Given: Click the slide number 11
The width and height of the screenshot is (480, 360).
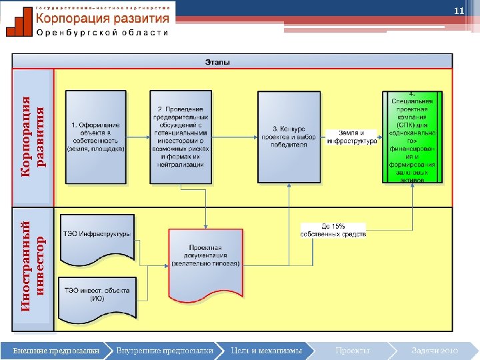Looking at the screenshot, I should [458, 12].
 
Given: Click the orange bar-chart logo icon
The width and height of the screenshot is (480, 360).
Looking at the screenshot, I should [18, 21].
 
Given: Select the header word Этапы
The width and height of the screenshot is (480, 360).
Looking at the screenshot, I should [217, 62].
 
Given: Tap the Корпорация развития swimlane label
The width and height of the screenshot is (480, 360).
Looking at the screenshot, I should [33, 137].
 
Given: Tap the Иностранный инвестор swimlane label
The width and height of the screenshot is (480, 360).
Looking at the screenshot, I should [33, 267].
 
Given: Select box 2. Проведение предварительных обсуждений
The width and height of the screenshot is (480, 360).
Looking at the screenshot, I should [181, 137].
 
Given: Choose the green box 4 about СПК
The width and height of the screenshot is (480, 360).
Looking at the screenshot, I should [412, 137].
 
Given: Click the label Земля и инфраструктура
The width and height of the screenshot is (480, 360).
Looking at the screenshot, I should [352, 137].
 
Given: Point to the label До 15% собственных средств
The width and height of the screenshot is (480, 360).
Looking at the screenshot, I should [333, 230].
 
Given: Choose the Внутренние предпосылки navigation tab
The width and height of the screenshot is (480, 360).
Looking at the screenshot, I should [163, 350].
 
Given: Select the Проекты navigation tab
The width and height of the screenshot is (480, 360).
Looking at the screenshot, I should [353, 350].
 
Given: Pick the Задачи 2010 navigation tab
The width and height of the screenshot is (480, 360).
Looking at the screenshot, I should [433, 350].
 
